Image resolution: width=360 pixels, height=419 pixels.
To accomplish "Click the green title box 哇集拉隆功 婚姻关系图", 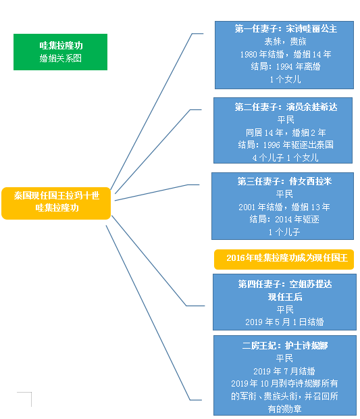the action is click(60, 52).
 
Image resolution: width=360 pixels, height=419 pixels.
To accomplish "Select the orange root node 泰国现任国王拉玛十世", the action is click(56, 203).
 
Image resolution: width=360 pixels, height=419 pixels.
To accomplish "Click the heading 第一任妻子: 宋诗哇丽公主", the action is click(286, 28).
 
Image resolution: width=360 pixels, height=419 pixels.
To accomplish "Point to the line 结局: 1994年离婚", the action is click(286, 66).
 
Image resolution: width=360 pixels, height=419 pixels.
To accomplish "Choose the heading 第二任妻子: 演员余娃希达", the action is click(286, 107).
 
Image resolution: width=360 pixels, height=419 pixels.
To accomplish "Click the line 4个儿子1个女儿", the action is click(286, 157).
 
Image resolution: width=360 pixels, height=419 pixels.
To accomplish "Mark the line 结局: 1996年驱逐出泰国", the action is click(286, 145).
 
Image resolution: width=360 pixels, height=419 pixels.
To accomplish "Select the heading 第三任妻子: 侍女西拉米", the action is click(284, 181).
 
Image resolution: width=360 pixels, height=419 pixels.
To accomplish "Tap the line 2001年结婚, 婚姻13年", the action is click(284, 207).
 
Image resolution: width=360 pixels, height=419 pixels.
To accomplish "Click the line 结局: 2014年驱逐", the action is click(284, 220).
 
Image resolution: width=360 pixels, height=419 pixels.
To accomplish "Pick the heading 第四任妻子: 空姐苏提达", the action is click(285, 284).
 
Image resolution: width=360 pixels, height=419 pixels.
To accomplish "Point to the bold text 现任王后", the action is click(285, 297).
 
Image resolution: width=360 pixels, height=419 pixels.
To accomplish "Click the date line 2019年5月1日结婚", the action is click(284, 322).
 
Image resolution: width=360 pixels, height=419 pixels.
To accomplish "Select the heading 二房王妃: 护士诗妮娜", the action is click(284, 346).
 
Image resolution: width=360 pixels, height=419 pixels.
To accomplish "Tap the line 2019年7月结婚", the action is click(284, 371).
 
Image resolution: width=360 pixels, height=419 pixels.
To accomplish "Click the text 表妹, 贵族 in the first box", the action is click(285, 41).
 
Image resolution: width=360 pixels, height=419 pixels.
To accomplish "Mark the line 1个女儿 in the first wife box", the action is click(285, 79).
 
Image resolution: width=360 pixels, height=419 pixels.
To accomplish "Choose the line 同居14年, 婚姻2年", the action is click(286, 132).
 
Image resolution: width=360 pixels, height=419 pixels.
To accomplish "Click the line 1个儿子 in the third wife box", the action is click(284, 232).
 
